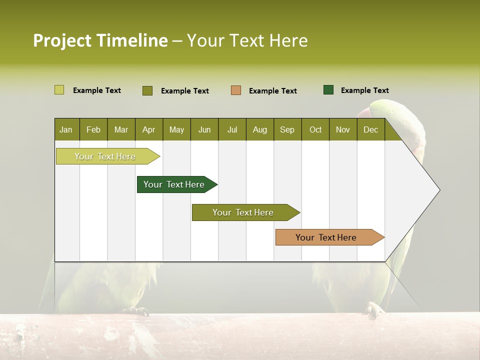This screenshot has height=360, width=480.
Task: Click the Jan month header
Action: coord(66,129)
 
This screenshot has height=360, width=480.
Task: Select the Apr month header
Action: coord(148,129)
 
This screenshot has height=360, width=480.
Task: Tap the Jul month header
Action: coord(232,129)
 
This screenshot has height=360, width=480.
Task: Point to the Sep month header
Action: coord(287,129)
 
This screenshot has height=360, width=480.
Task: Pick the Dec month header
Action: coord(370,129)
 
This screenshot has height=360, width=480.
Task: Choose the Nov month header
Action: coord(342,129)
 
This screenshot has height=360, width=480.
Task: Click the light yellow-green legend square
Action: coord(59,90)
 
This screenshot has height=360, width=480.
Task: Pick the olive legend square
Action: coord(147,90)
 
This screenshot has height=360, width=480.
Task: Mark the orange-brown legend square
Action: coord(236,90)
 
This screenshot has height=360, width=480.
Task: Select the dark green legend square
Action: coord(328,90)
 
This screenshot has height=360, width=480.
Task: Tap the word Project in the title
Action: coord(62,40)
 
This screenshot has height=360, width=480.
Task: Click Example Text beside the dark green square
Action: coord(364,90)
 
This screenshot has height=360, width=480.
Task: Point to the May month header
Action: coord(176,129)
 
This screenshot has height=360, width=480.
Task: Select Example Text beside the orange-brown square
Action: coord(272,91)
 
